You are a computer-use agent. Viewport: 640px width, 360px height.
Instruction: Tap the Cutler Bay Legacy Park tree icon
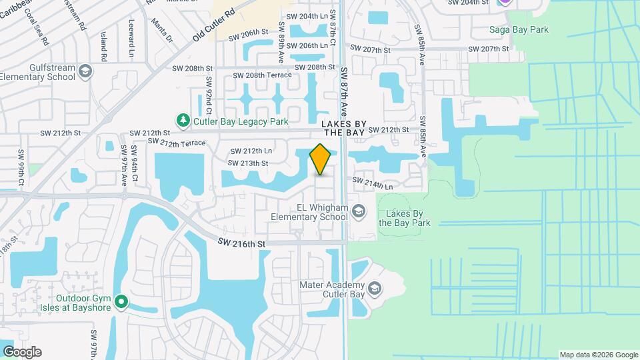(183, 121)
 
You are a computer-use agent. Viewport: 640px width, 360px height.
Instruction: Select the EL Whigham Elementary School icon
(359, 211)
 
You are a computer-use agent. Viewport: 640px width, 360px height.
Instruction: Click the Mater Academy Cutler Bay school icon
(375, 289)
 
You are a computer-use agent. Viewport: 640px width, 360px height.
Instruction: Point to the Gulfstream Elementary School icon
(85, 71)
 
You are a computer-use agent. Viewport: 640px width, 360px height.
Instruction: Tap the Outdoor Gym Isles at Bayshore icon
(121, 303)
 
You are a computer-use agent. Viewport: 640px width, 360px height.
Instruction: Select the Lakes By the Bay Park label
(404, 218)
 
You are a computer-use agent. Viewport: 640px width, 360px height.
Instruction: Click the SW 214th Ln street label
(372, 184)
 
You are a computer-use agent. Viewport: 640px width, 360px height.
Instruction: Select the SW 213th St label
(248, 163)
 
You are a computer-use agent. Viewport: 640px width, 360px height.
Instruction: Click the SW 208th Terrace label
(268, 75)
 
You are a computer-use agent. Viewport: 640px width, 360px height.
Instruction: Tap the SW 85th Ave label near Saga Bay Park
(420, 45)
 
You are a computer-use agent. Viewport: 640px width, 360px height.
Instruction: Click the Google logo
(22, 352)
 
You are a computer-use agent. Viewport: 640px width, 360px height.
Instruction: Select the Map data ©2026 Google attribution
(599, 355)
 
